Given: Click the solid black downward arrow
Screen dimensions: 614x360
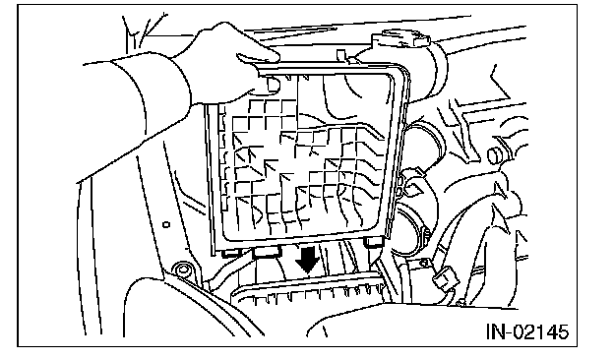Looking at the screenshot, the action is (x=307, y=259).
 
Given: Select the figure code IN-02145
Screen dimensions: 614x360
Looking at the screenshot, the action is (x=527, y=331).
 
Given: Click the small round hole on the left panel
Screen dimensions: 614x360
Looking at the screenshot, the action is (x=166, y=224).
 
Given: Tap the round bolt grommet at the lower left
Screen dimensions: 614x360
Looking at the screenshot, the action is (x=182, y=270).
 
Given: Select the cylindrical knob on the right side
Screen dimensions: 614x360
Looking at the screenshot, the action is (x=496, y=155).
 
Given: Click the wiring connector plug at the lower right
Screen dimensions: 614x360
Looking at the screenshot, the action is (x=446, y=278).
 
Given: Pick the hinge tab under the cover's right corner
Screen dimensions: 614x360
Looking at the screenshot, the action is (x=374, y=241).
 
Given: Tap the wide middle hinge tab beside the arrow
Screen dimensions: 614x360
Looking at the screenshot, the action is (x=267, y=251).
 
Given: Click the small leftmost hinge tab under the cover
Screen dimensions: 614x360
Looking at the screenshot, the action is (x=231, y=254).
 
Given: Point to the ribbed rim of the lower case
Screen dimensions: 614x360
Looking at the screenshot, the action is (x=309, y=290).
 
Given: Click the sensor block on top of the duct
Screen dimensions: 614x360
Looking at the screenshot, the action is (x=400, y=39).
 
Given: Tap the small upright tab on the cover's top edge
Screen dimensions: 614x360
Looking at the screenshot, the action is (x=341, y=55).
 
